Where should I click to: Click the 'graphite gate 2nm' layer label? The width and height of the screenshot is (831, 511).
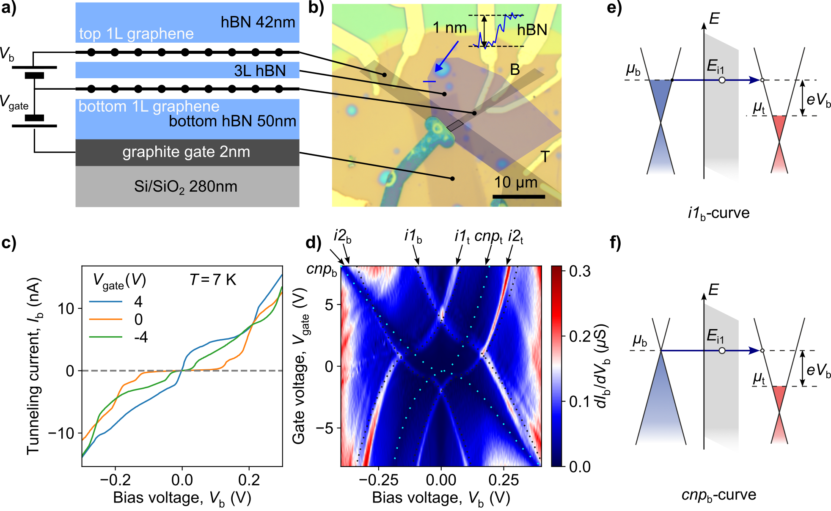click(x=186, y=152)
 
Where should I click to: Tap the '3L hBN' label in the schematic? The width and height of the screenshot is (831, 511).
click(x=260, y=71)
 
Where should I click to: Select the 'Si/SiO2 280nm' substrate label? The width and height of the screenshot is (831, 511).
click(x=186, y=187)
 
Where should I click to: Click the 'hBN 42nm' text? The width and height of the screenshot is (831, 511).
click(x=258, y=22)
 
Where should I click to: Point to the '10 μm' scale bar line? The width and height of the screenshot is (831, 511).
click(x=518, y=197)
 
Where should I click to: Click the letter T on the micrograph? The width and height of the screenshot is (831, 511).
click(x=545, y=157)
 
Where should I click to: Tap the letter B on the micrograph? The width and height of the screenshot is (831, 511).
click(x=515, y=70)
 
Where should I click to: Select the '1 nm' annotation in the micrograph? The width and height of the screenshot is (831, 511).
click(x=449, y=28)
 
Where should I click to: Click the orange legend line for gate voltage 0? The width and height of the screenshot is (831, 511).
click(x=105, y=319)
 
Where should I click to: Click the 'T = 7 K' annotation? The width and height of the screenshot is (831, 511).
click(x=212, y=280)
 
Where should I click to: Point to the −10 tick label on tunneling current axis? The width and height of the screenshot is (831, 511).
click(x=61, y=433)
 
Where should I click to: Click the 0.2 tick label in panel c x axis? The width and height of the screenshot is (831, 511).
click(x=249, y=480)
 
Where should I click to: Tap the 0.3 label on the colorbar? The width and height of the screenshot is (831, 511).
click(x=580, y=271)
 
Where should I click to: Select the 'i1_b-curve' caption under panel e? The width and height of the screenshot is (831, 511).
click(x=718, y=213)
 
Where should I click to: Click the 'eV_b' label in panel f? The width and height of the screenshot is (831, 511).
click(x=818, y=370)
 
